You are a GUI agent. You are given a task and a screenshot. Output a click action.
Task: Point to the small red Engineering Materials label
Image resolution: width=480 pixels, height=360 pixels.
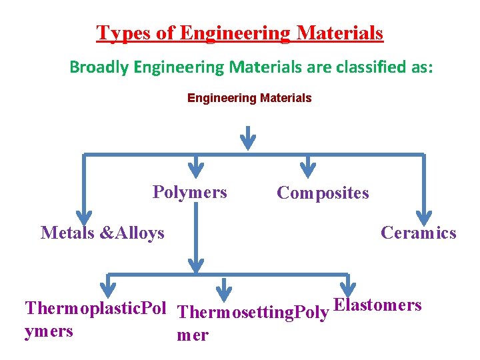coord(249,98)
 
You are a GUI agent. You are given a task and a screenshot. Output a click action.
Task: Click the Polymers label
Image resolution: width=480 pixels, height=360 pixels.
coord(190,193)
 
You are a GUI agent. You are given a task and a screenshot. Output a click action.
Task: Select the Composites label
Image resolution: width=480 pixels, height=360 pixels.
coord(323,193)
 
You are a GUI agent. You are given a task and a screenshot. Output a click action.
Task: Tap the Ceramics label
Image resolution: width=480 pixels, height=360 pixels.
coord(419,233)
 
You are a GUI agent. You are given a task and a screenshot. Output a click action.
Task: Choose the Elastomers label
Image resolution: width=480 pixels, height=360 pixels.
coord(377,305)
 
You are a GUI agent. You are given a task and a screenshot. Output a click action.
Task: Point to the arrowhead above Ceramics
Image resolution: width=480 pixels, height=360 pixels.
coord(424,217)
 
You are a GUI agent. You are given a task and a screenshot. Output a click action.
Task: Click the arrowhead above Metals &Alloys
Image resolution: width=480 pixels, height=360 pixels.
coord(84,217)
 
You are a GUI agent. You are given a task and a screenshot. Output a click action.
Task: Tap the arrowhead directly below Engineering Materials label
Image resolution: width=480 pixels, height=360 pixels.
coord(248,141)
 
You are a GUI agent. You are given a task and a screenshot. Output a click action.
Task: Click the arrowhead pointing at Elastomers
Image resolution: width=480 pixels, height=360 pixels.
coord(348,285)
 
